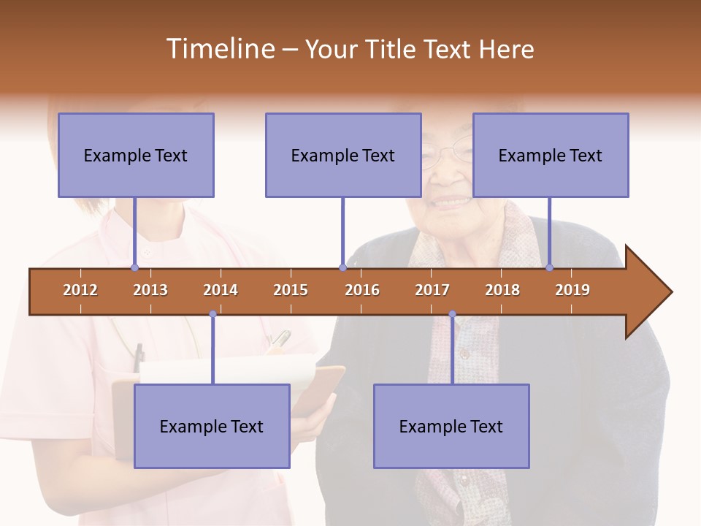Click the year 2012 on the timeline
click(80, 290)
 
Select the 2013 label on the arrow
click(150, 290)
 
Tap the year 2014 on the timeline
click(221, 290)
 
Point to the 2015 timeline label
click(291, 290)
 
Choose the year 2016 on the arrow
click(362, 290)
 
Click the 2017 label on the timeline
click(432, 290)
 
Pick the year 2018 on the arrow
click(502, 290)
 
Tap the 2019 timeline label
click(572, 290)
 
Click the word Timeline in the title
click(220, 49)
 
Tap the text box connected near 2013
click(136, 155)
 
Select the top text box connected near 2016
click(343, 155)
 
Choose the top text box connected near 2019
click(551, 155)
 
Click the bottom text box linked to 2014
click(212, 426)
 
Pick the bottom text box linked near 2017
click(451, 426)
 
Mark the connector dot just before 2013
click(134, 268)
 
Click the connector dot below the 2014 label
click(212, 314)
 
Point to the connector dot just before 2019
click(549, 268)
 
